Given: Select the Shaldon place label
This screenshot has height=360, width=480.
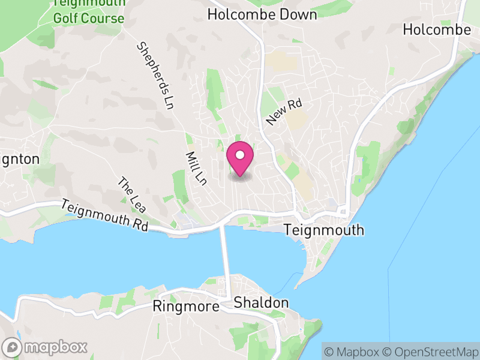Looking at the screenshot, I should click(x=261, y=302).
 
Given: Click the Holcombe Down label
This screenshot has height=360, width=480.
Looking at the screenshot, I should click(x=262, y=14).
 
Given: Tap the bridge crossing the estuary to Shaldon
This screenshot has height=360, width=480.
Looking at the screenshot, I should click(x=226, y=258).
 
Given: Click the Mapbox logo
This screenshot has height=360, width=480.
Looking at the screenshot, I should click(x=45, y=347).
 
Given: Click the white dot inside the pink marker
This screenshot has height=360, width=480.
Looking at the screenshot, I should click(x=240, y=155).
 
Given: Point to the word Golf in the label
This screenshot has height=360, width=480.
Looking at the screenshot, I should click(x=67, y=18).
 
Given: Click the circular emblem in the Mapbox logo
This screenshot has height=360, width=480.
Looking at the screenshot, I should click(x=11, y=347).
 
